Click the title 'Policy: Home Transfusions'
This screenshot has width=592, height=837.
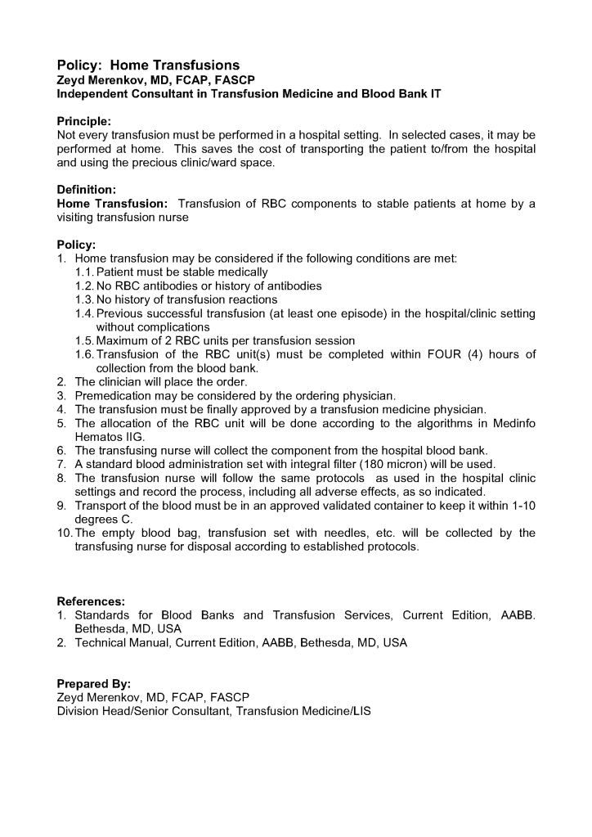pyautogui.click(x=148, y=65)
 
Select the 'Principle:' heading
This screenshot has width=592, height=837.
pyautogui.click(x=84, y=120)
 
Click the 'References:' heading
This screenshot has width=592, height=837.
pyautogui.click(x=91, y=601)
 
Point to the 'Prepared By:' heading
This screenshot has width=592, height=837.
pyautogui.click(x=93, y=683)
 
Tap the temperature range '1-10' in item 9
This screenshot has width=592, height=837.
pyautogui.click(x=520, y=506)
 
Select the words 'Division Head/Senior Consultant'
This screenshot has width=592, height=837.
pyautogui.click(x=144, y=711)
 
